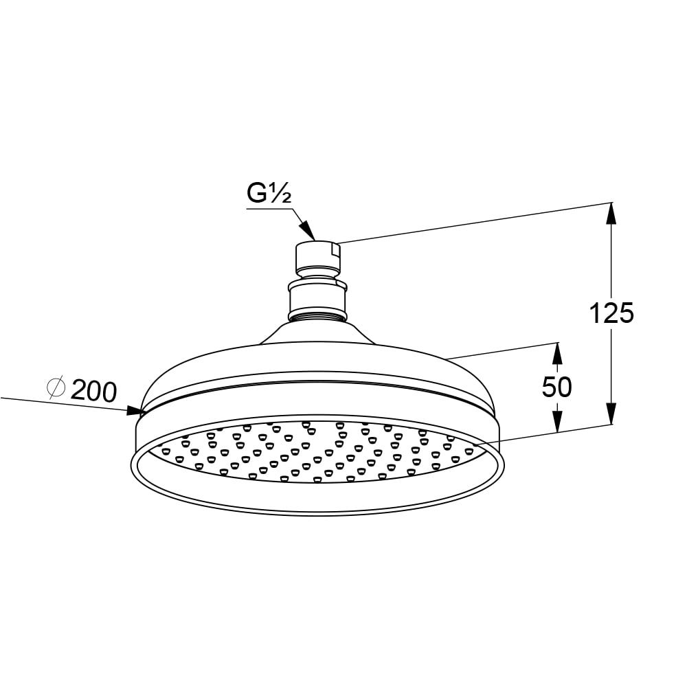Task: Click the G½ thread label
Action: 269,194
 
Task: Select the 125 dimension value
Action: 611,313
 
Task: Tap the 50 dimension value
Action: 556,387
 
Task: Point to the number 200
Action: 93,392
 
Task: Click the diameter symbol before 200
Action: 56,388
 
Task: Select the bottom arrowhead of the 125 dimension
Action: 611,414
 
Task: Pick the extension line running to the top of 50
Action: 502,350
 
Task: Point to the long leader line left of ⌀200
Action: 41,401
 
